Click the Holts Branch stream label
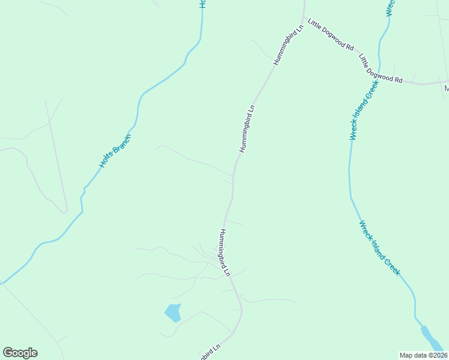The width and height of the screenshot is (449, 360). (x=115, y=151)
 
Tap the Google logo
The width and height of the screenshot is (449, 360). (x=20, y=353)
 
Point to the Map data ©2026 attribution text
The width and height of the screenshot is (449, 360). (x=424, y=355)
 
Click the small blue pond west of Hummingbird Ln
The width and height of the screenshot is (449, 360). (x=173, y=313)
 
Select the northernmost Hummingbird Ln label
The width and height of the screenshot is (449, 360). (x=289, y=46)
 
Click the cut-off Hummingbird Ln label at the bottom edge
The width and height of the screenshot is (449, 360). (x=209, y=352)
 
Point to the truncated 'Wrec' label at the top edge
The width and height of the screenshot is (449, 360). (x=390, y=7)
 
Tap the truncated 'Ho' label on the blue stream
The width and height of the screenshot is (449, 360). (x=202, y=4)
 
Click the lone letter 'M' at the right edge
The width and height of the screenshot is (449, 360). (x=446, y=89)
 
